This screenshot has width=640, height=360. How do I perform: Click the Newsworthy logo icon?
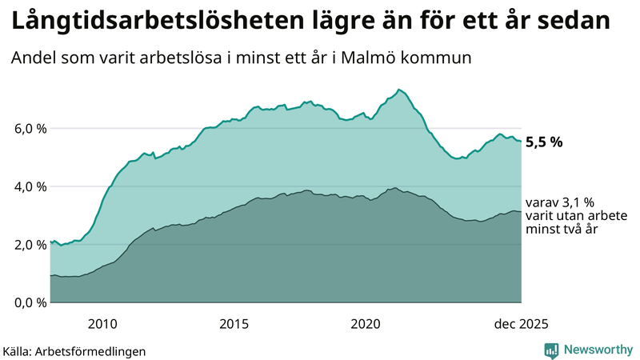pyautogui.click(x=551, y=350)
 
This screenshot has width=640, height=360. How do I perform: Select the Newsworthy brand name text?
pyautogui.click(x=597, y=350)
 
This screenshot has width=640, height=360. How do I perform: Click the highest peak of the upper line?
pyautogui.click(x=398, y=90)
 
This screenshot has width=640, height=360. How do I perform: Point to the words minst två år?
pyautogui.click(x=562, y=229)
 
